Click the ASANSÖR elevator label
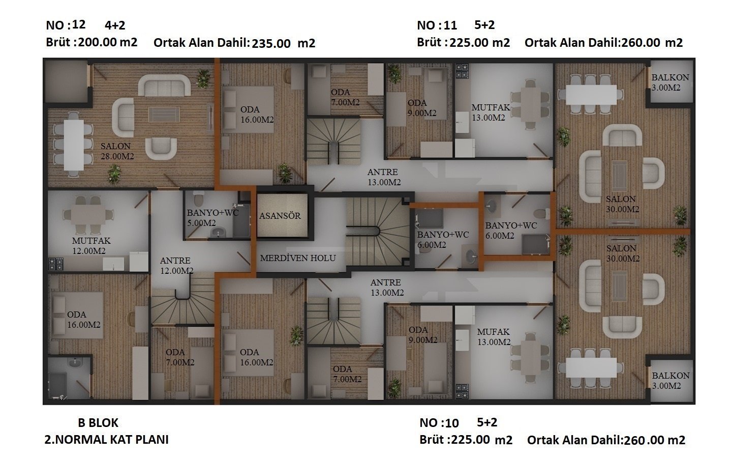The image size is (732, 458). tap(280, 216)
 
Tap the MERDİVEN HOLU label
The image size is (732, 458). tap(298, 258)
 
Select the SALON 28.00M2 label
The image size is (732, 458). tap(117, 151)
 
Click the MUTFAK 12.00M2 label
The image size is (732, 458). tap(91, 246)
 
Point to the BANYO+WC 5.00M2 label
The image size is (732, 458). tap(212, 218)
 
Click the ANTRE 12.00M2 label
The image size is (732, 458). tap(176, 266)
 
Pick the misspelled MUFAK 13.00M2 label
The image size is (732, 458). tap(494, 337)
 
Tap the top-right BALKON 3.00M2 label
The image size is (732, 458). tap(670, 82)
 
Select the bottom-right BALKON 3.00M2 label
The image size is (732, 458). tap(670, 381)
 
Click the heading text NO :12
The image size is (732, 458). tap(66, 25)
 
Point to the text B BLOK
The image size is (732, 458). tap(98, 423)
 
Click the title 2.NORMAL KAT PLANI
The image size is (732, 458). tap(107, 440)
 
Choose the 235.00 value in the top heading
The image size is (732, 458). tap(271, 44)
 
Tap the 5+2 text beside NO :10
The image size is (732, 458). tap(487, 422)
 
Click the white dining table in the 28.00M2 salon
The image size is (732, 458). tap(74, 145)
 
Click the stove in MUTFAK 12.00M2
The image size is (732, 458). tap(55, 264)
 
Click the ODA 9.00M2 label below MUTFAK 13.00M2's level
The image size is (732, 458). tap(422, 335)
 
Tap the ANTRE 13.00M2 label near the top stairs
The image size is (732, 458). tap(384, 177)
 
